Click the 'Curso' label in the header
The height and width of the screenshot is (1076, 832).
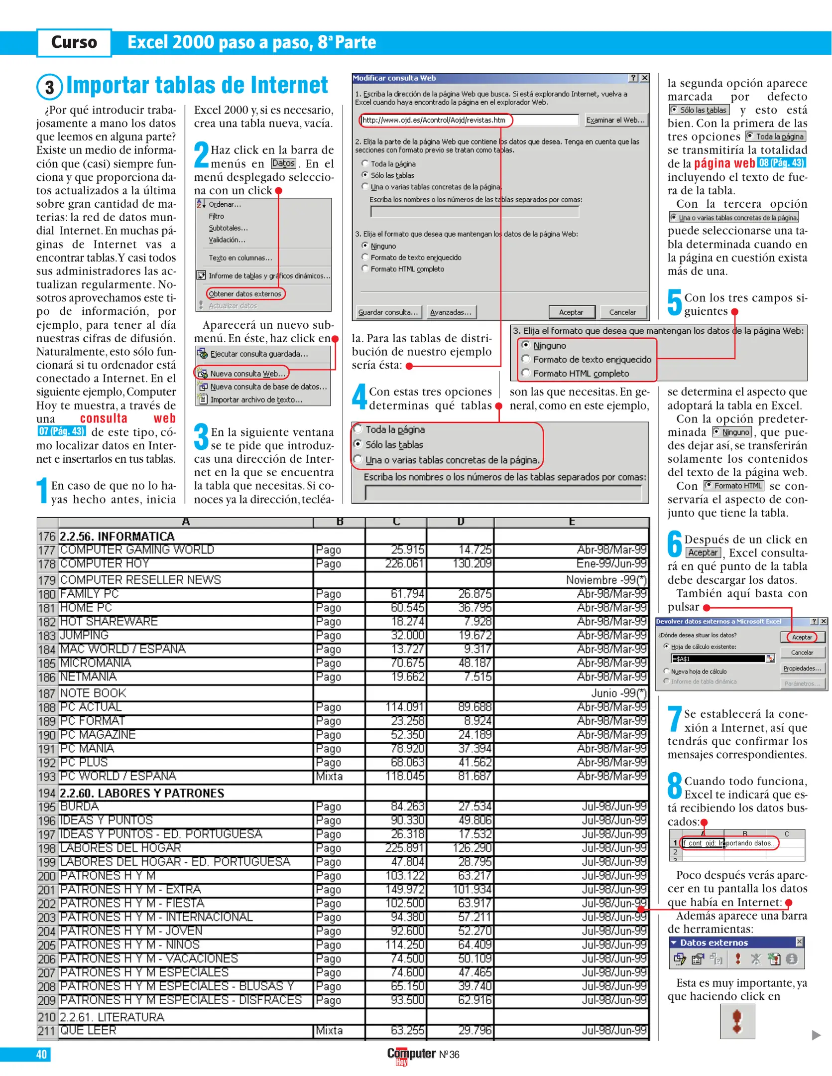click(74, 42)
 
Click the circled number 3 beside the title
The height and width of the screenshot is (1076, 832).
click(49, 87)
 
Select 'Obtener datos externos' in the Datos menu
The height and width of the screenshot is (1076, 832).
click(245, 294)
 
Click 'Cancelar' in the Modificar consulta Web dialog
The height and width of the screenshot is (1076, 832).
click(622, 312)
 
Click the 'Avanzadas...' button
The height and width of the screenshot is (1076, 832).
click(451, 312)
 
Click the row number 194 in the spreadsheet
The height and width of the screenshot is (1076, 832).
click(47, 793)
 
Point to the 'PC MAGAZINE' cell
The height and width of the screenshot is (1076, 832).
click(98, 735)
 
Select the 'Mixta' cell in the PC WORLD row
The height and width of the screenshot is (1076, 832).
click(329, 776)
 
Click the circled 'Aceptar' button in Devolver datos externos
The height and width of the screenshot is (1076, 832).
click(802, 637)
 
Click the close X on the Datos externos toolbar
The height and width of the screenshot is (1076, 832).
click(799, 941)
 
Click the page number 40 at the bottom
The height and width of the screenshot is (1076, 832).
click(42, 1054)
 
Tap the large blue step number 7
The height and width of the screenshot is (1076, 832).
click(675, 720)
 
